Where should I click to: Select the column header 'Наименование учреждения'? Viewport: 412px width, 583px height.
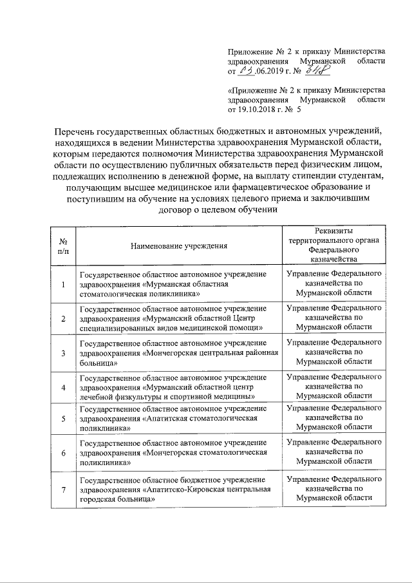(178, 245)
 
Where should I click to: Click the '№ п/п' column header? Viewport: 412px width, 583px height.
(63, 245)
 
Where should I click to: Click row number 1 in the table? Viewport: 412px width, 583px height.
(63, 284)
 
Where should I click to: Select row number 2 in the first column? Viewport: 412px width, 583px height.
(63, 318)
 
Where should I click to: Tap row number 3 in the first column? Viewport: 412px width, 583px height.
(63, 353)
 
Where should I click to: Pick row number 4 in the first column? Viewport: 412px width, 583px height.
(63, 387)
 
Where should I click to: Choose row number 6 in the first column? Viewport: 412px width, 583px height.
(63, 454)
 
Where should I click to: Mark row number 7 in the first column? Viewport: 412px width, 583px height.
(63, 490)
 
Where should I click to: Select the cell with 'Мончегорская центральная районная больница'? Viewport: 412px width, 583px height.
(178, 353)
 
